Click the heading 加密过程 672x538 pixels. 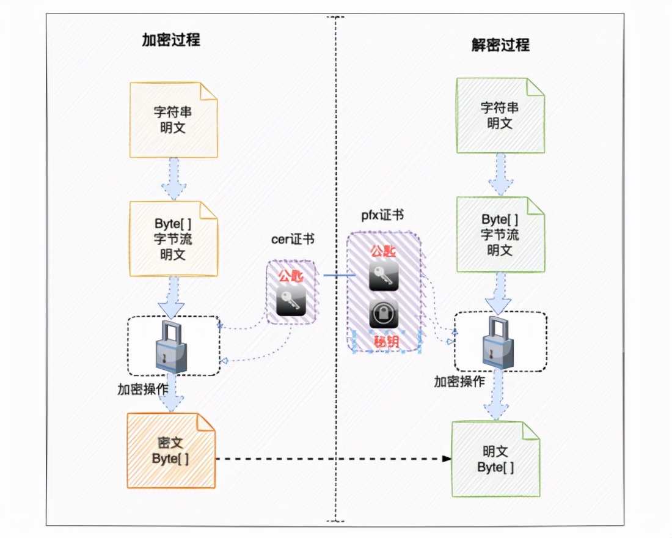pos(171,41)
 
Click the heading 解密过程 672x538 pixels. pos(500,45)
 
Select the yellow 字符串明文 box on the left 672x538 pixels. pos(173,120)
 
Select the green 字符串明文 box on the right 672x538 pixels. pos(500,115)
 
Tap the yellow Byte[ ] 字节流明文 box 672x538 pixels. pos(173,238)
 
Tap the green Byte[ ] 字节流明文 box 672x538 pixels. pos(500,235)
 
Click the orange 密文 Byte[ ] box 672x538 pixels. pos(171,451)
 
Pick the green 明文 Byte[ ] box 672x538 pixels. pos(495,459)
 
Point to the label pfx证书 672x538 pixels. pos(382,215)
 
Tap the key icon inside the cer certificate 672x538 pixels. pos(291,301)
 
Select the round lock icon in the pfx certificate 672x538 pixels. pos(384,314)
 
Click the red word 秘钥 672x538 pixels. pos(385,341)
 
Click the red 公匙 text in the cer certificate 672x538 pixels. pos(291,276)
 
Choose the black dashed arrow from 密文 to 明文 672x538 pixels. pos(333,459)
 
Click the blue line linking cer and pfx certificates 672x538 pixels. pos(335,276)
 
